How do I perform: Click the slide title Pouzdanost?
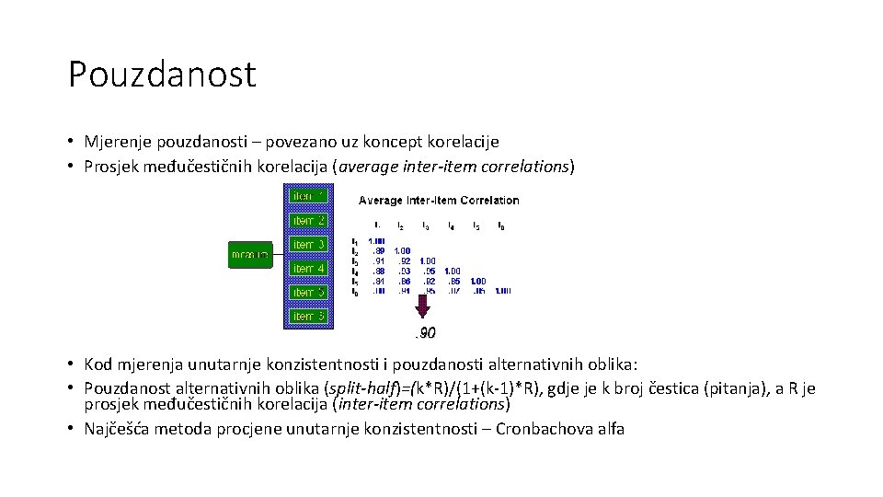click(162, 75)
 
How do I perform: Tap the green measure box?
click(250, 254)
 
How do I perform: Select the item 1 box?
click(307, 196)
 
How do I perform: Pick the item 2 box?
click(307, 220)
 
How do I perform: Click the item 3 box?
click(307, 244)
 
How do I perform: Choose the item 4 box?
click(307, 268)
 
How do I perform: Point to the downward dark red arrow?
click(422, 306)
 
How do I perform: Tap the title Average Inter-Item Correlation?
click(439, 200)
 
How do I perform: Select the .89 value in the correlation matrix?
click(377, 250)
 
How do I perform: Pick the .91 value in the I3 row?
click(377, 260)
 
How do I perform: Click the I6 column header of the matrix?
click(500, 225)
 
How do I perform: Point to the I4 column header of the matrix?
click(451, 225)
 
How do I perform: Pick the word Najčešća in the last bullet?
click(117, 428)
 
